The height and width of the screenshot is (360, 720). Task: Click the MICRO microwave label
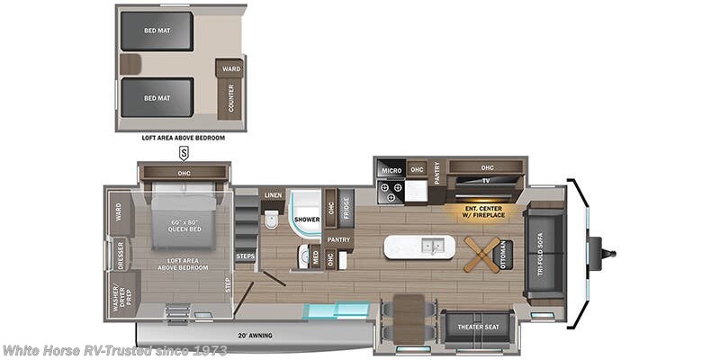click(391, 169)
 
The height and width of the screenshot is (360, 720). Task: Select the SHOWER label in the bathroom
click(308, 219)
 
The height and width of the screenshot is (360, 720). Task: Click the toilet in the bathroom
click(271, 219)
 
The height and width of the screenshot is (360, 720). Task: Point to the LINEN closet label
click(272, 195)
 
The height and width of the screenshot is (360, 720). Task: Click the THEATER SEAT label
click(477, 327)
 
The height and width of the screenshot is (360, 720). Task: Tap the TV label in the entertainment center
click(484, 180)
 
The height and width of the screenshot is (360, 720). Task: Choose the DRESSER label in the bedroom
click(120, 256)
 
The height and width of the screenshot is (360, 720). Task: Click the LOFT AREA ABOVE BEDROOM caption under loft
click(183, 138)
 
